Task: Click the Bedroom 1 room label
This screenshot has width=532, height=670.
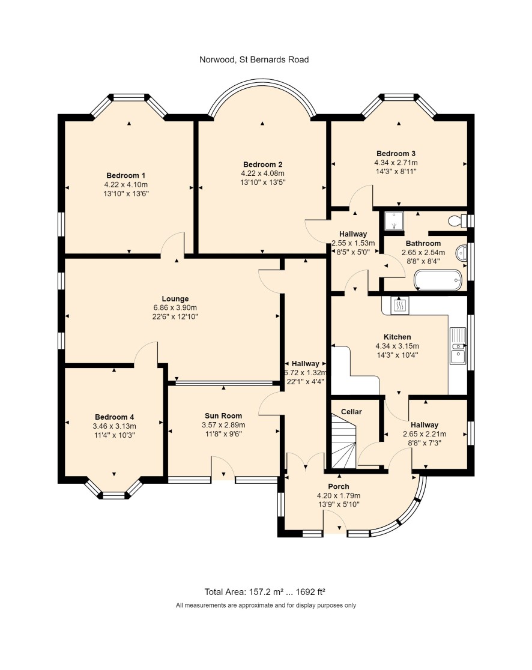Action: click(x=125, y=176)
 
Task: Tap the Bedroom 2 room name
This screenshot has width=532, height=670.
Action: click(x=263, y=164)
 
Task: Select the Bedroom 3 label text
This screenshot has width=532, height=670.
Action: click(x=396, y=154)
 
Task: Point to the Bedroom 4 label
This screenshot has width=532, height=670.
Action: click(x=115, y=417)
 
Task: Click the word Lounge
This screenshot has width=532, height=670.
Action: click(x=175, y=299)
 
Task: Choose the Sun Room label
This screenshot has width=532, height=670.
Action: click(x=223, y=416)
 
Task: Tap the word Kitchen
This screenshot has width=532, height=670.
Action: click(x=397, y=337)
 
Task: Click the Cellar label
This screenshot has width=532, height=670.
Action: click(x=351, y=412)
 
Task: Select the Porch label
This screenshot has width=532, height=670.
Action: click(x=339, y=487)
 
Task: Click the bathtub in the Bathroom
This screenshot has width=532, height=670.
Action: click(x=438, y=280)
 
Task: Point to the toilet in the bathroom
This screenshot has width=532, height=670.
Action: click(x=458, y=220)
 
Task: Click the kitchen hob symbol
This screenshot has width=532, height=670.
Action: click(x=399, y=304)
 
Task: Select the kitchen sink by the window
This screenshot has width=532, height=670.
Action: click(x=458, y=346)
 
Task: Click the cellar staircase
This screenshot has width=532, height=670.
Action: click(x=343, y=442)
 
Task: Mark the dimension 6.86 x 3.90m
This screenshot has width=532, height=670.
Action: click(x=175, y=307)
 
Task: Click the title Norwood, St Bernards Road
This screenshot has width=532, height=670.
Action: click(x=254, y=60)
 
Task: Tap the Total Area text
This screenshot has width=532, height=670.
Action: click(x=265, y=592)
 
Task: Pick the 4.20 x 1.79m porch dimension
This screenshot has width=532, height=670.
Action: click(x=339, y=496)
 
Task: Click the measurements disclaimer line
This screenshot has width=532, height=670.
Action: click(x=266, y=606)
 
